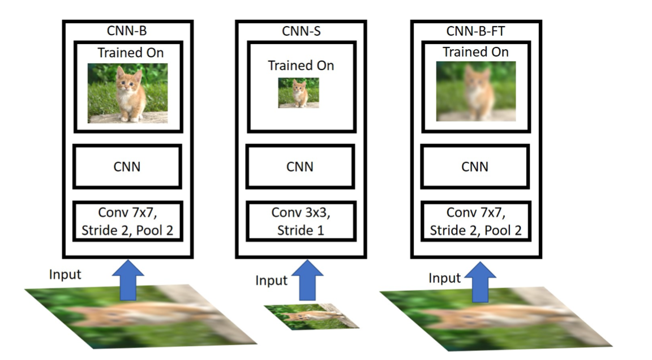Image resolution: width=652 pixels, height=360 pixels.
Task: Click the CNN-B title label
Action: point(127,31)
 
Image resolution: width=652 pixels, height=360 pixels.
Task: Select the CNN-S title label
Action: point(301,31)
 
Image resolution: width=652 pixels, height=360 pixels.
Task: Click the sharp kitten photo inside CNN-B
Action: point(127,93)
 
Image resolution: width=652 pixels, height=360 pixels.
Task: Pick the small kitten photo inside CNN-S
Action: point(298,93)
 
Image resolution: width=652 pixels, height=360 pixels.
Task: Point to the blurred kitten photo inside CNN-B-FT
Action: point(475,91)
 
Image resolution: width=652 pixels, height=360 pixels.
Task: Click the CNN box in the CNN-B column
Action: point(127,166)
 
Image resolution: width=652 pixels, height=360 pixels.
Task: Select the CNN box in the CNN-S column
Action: point(300,166)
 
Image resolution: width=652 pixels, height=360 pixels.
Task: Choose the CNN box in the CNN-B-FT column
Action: point(475,166)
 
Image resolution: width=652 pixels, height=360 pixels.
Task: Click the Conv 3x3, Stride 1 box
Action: point(300,221)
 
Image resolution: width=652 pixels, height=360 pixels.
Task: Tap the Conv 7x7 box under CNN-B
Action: point(127,221)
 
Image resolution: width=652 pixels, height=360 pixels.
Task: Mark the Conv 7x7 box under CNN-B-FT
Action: point(475,221)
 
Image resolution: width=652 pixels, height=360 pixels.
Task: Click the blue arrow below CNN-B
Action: point(127,280)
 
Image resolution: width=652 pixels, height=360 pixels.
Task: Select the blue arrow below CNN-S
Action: point(307,280)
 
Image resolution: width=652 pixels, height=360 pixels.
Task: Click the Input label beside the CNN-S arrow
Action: point(272,280)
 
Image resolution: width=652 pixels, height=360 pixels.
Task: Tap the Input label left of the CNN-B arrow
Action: point(65,275)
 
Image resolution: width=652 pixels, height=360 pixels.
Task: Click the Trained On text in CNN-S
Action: point(301,66)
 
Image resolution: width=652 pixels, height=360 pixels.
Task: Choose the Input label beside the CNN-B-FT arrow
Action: point(444,278)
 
